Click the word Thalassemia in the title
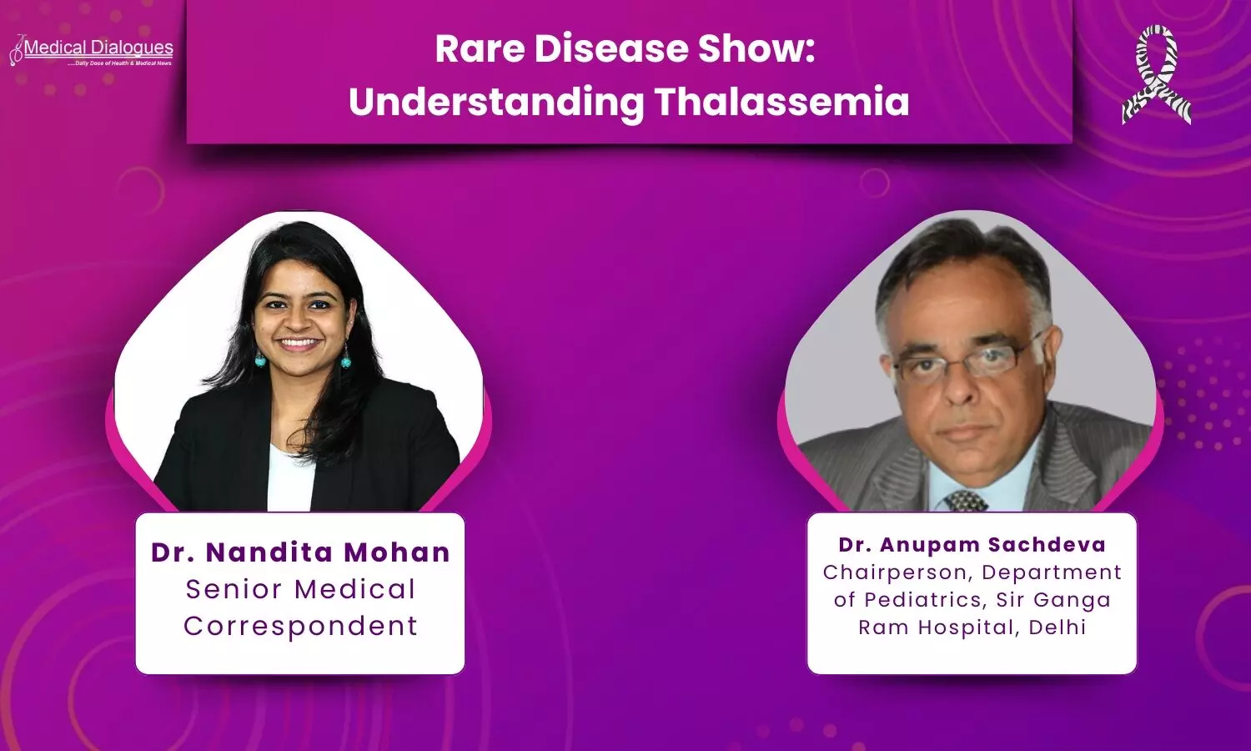[x=782, y=102]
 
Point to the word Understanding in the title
[x=496, y=103]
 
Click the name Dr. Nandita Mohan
[x=300, y=552]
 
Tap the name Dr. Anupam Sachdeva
[x=972, y=545]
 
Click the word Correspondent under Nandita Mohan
[x=300, y=627]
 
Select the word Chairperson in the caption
[x=897, y=573]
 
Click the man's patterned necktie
[x=965, y=502]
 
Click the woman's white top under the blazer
[x=290, y=478]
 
